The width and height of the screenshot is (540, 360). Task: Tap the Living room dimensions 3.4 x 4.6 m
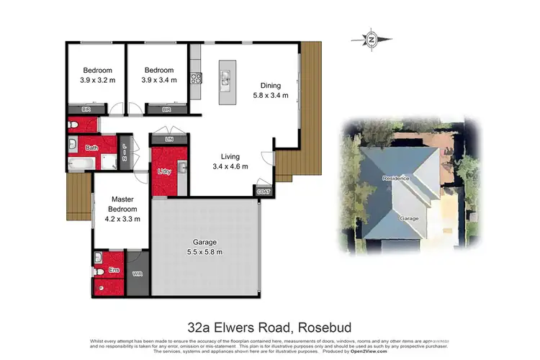tap(230, 166)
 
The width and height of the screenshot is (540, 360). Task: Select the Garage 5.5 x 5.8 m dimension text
tap(205, 253)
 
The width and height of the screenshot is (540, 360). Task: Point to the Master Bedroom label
tap(122, 203)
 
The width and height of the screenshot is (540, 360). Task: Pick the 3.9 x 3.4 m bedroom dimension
tap(158, 80)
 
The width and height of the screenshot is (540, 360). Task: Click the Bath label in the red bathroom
tap(91, 148)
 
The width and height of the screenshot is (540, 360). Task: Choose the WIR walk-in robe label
tap(138, 274)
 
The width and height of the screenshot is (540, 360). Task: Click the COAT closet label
tap(264, 191)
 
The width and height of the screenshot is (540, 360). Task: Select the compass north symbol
tap(372, 39)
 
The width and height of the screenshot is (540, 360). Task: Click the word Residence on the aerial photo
tap(396, 178)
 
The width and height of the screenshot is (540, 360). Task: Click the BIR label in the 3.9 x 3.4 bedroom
tap(166, 109)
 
